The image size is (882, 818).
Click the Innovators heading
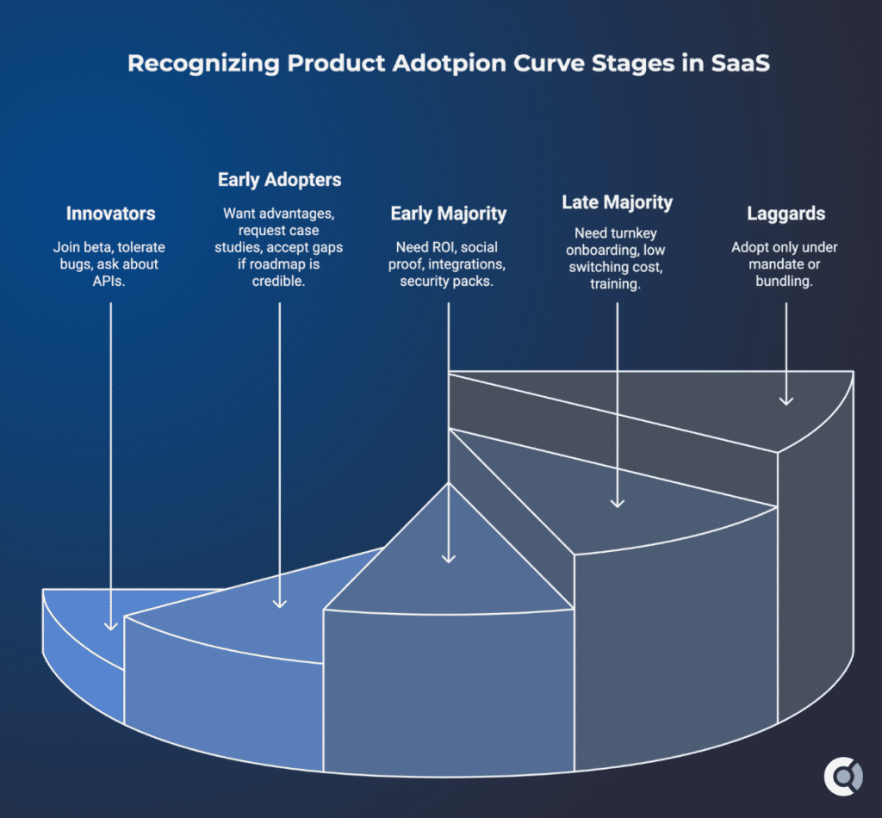point(110,213)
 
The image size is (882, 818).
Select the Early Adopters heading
point(279,180)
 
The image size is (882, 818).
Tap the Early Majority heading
point(448,213)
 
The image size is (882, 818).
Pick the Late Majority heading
point(617,202)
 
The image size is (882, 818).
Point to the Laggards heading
point(785,213)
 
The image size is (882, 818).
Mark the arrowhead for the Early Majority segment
point(448,557)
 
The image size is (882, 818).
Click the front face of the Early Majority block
point(448,689)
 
